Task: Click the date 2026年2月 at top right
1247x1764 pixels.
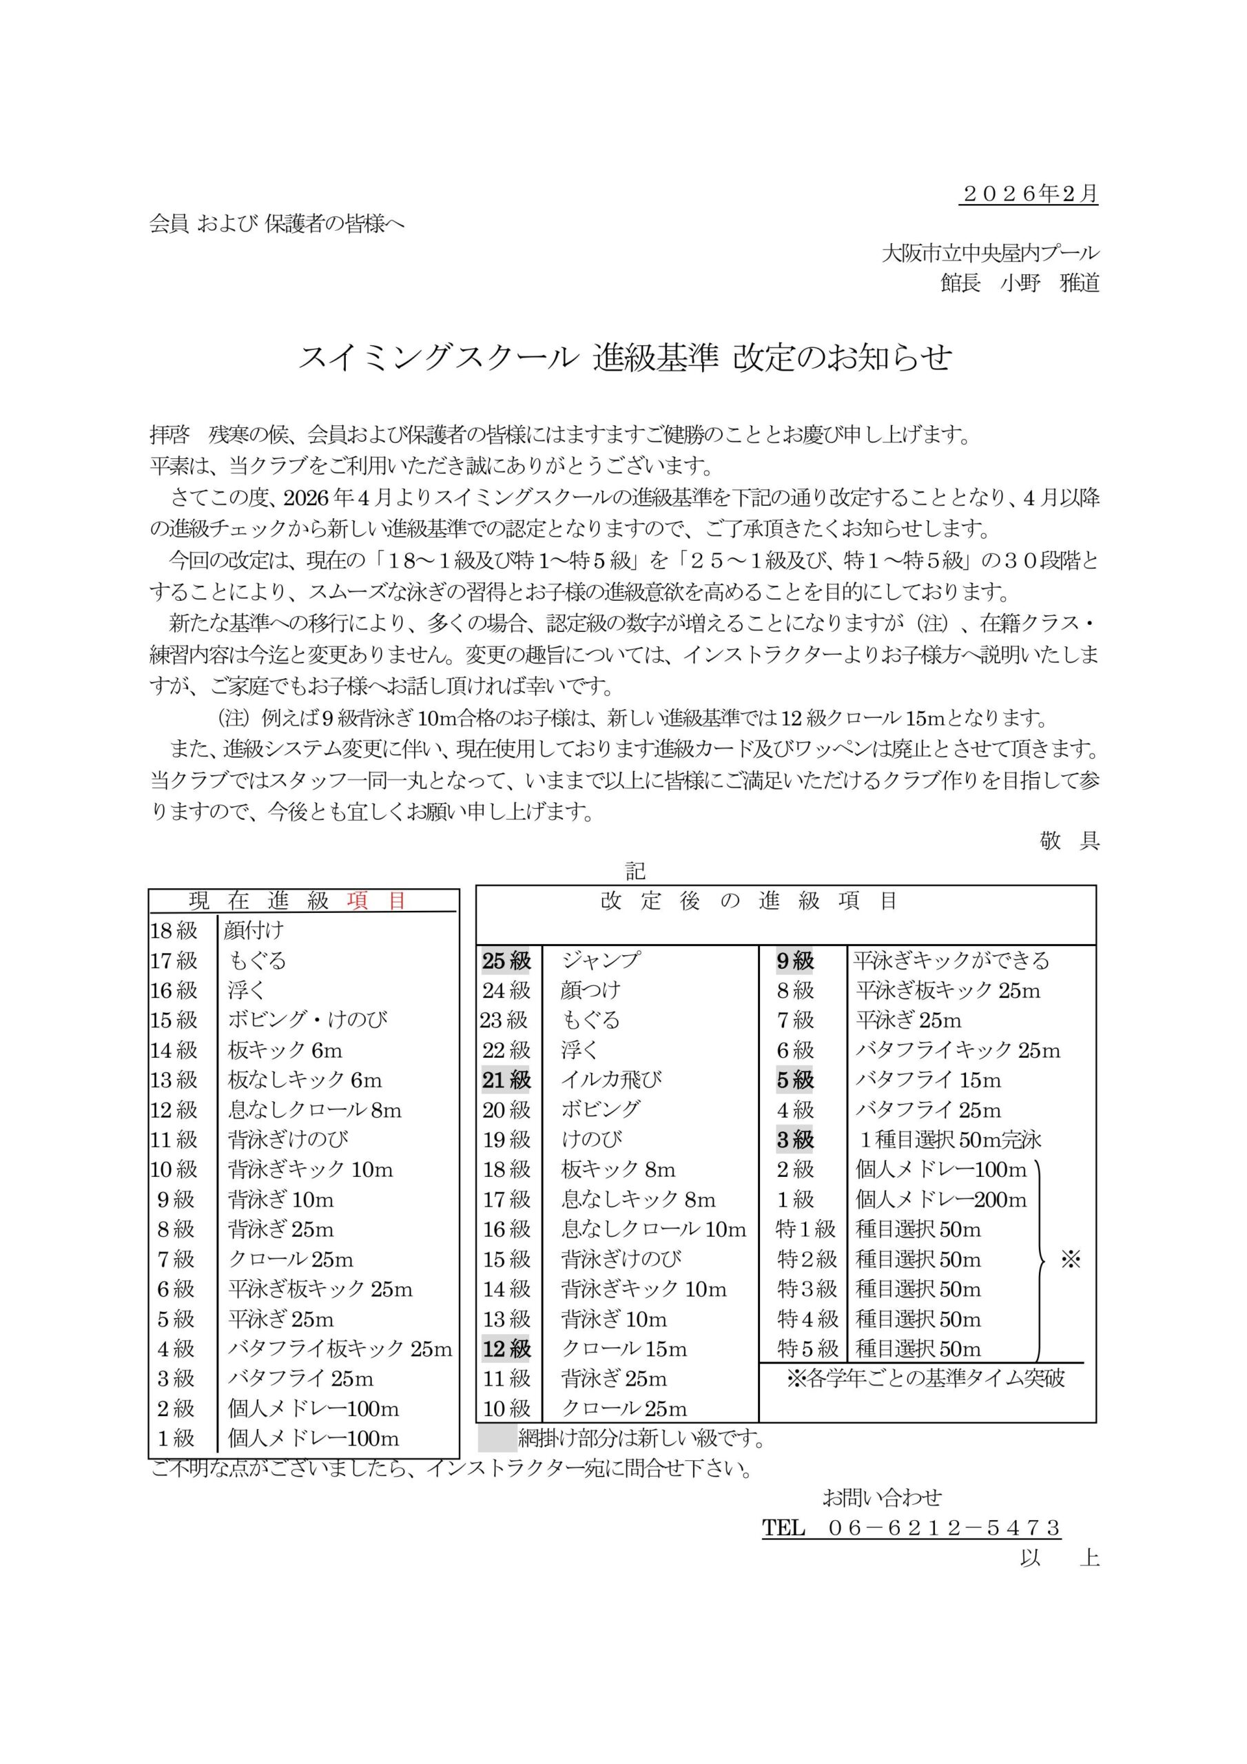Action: click(x=1029, y=194)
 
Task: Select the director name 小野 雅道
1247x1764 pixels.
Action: click(x=1049, y=283)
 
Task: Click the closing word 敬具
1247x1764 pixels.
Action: click(x=1069, y=841)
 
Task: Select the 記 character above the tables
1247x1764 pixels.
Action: click(x=635, y=870)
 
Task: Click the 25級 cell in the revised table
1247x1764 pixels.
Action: click(x=507, y=961)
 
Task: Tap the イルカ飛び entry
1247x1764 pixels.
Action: click(x=612, y=1080)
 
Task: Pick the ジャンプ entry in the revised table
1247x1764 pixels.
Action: click(x=601, y=961)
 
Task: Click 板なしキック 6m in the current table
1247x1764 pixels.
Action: click(x=305, y=1080)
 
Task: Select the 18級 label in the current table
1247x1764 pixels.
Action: click(x=174, y=930)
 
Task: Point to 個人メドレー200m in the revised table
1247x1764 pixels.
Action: click(x=941, y=1199)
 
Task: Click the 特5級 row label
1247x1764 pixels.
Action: click(x=806, y=1348)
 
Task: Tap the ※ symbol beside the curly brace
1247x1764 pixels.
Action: click(x=1070, y=1259)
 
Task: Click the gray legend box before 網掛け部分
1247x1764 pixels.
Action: click(x=496, y=1437)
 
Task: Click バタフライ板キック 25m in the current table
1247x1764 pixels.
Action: click(x=340, y=1348)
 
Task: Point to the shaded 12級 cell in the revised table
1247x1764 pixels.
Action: click(x=507, y=1348)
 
